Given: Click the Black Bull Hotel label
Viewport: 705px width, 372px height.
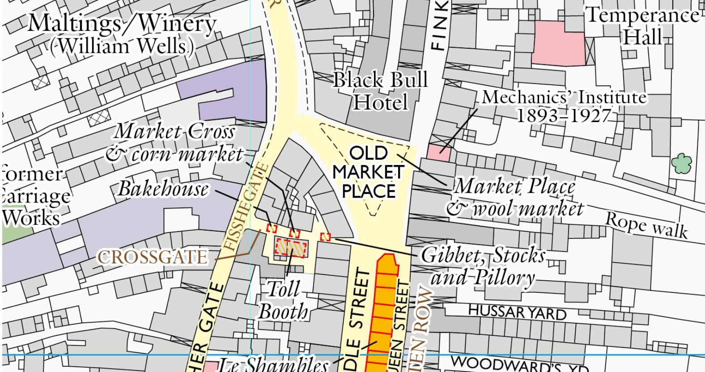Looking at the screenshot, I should click(380, 91).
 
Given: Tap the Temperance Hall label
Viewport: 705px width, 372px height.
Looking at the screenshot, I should click(642, 26).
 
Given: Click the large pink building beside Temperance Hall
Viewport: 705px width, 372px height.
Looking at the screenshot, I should click(560, 43).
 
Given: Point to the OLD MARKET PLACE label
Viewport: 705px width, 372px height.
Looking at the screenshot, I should click(369, 172).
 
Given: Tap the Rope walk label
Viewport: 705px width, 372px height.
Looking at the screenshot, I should click(646, 224).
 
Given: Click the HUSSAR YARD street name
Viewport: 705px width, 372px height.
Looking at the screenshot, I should click(517, 311).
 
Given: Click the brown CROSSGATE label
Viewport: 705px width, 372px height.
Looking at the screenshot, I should click(153, 258).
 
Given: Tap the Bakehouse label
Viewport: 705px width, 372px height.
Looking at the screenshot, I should click(163, 190).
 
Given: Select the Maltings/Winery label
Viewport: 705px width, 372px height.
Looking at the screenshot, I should click(122, 23).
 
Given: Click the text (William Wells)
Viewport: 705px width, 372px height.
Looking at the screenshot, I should click(122, 46).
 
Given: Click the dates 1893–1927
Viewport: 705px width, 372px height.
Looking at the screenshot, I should click(563, 116).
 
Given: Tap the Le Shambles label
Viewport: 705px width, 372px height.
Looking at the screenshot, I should click(273, 364).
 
